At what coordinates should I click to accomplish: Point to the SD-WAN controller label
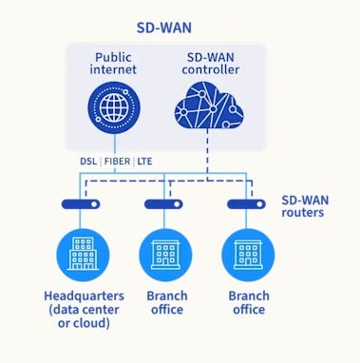point(211,65)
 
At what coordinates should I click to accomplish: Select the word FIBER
point(122,162)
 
